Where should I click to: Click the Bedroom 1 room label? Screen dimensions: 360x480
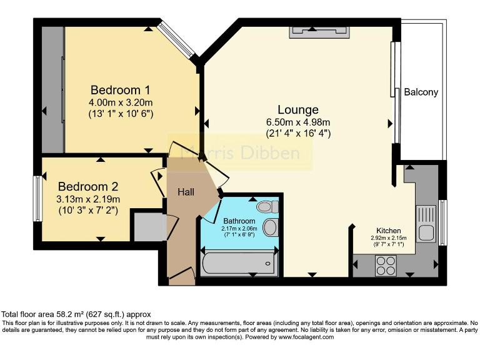[x=120, y=89]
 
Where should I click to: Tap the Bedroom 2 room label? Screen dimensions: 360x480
[x=88, y=186]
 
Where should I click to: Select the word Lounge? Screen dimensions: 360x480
[x=298, y=110]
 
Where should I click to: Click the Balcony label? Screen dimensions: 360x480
[x=421, y=92]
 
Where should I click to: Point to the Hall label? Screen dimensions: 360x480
[x=186, y=192]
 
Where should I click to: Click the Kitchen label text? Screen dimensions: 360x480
[x=388, y=231]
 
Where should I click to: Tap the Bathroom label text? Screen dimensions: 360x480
[x=239, y=221]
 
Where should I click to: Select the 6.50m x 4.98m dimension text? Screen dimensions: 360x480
[x=298, y=122]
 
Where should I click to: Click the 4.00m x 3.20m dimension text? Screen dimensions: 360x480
[x=121, y=102]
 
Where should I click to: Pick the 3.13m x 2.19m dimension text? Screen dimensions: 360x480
[x=88, y=199]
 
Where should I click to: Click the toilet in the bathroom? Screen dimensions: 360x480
[x=268, y=206]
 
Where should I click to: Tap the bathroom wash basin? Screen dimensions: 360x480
[x=271, y=227]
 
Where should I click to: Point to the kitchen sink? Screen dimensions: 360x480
[x=427, y=224]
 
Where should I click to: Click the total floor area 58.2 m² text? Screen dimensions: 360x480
[x=76, y=314]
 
